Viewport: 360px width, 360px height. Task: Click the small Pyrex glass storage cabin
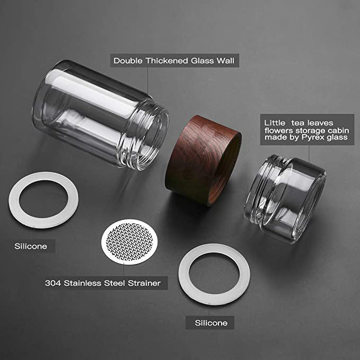pyautogui.click(x=286, y=201)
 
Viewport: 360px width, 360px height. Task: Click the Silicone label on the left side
pyautogui.click(x=30, y=246)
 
